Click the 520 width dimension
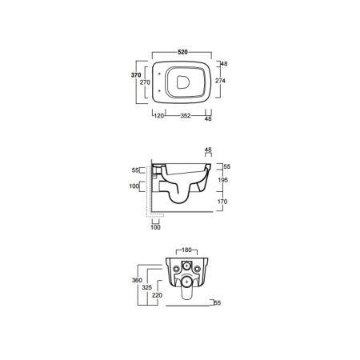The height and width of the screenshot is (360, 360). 182,52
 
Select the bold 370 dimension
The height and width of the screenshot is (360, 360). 136,75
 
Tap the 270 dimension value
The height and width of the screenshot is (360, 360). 145,82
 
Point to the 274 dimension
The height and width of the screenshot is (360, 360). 220,81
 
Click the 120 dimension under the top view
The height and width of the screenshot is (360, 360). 159,116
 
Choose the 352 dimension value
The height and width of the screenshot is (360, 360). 186,116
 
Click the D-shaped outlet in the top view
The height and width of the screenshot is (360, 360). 183,82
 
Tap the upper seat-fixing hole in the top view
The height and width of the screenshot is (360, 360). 159,74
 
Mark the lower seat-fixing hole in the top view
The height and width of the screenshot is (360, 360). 159,91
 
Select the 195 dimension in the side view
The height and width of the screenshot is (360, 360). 222,180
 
